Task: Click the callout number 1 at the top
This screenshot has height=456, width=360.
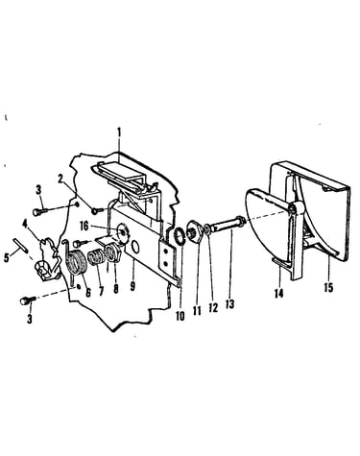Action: (119, 132)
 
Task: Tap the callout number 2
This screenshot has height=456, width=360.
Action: (61, 179)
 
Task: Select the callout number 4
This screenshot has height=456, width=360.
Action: (25, 222)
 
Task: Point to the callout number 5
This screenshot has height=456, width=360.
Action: (7, 258)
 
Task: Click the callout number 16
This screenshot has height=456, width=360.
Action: (84, 227)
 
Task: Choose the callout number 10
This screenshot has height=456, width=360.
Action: (180, 316)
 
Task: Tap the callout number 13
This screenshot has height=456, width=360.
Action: (229, 303)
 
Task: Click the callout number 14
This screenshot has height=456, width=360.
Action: (279, 293)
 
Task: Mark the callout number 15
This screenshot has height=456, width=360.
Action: (328, 288)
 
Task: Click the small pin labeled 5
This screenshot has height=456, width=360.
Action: (20, 246)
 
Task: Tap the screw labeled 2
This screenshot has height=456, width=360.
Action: (97, 211)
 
